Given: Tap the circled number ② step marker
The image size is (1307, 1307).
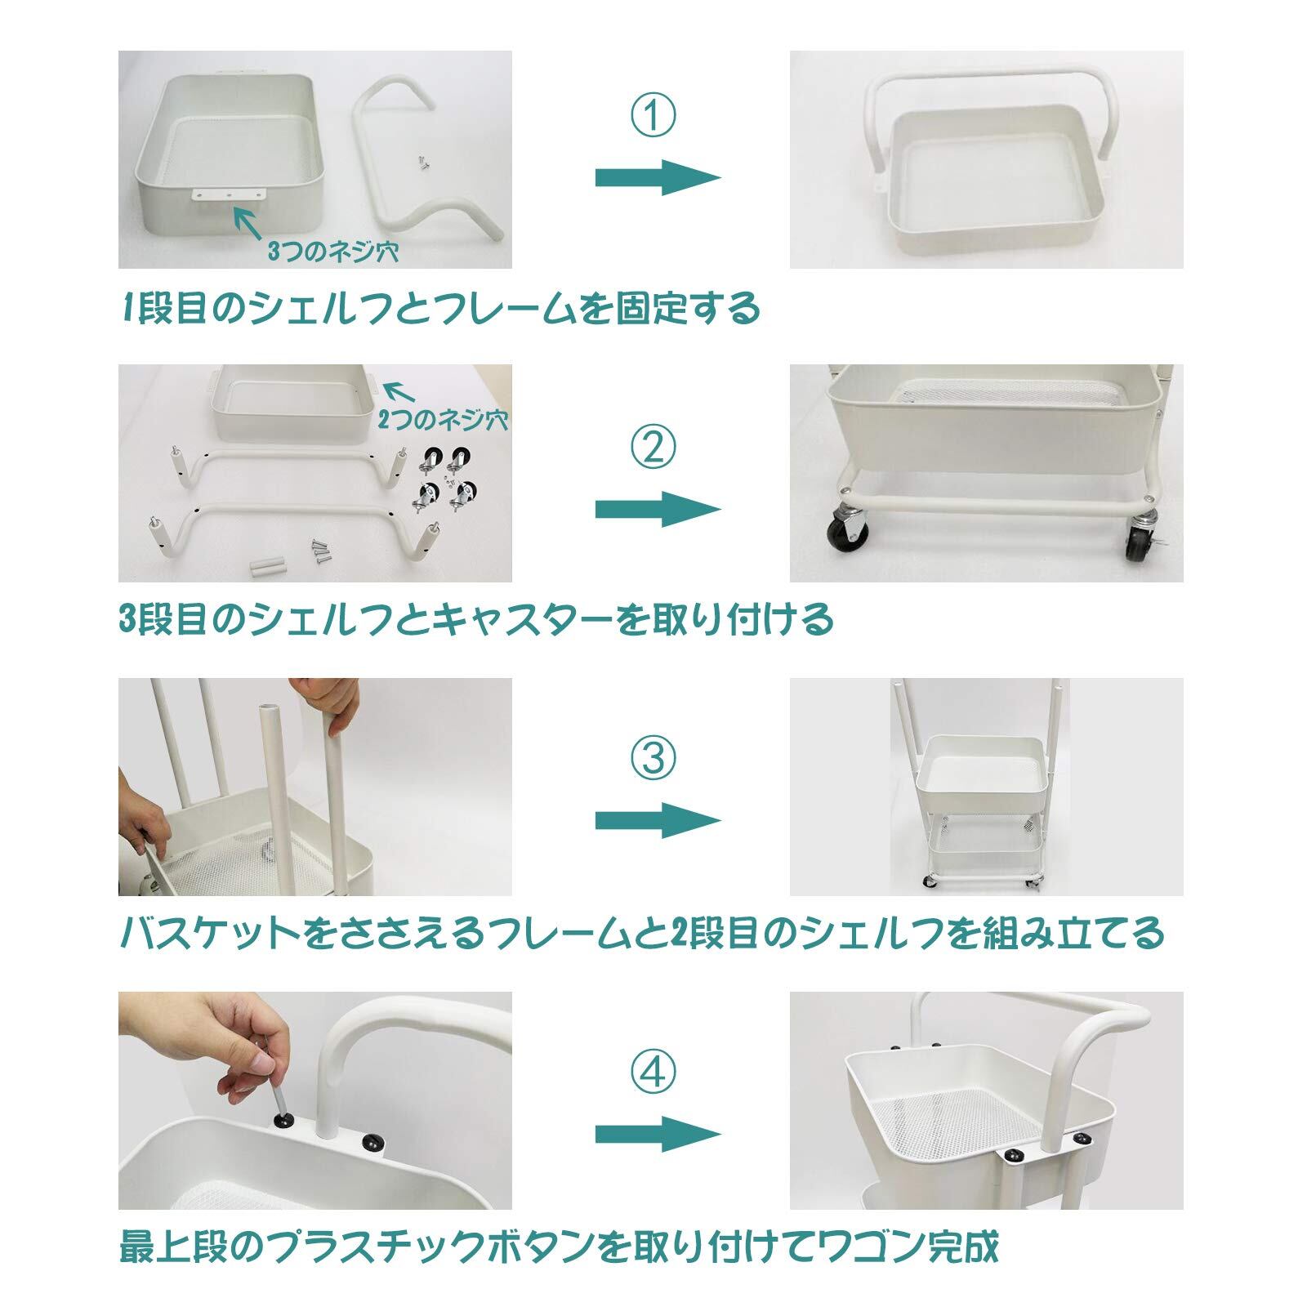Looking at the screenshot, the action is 653,445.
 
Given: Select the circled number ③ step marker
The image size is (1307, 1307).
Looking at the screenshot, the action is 653,759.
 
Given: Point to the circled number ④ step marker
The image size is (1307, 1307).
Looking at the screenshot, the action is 653,1072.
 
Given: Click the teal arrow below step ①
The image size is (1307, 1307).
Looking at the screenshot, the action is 658,177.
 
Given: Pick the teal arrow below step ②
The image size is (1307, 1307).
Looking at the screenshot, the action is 658,509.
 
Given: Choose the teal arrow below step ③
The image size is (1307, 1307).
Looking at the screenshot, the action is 658,820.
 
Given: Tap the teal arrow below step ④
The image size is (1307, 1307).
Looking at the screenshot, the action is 658,1134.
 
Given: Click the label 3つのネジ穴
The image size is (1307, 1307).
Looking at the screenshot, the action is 332,251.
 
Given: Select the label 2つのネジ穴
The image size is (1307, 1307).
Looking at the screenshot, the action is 443,420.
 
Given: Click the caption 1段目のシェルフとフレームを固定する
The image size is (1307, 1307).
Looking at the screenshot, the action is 439,310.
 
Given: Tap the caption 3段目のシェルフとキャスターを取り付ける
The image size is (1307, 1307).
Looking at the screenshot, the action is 476,620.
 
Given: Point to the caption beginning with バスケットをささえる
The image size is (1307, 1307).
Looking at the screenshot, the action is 641,933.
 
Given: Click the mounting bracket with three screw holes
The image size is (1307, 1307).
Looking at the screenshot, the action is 230,195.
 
